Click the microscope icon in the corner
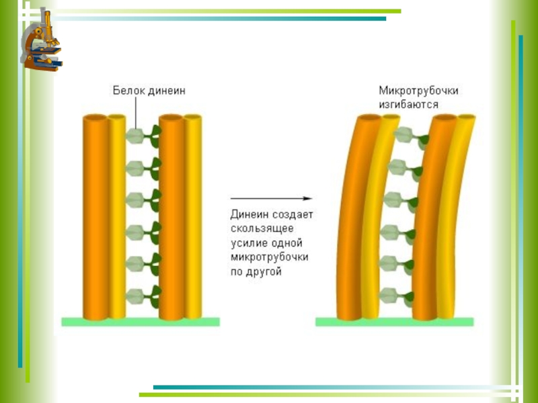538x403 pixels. pyautogui.click(x=42, y=39)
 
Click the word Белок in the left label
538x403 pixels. pyautogui.click(x=128, y=90)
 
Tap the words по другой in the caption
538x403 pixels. pyautogui.click(x=256, y=272)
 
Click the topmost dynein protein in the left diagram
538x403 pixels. pyautogui.click(x=143, y=136)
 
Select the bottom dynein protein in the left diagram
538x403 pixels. pyautogui.click(x=143, y=293)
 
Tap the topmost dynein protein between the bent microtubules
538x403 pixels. pyautogui.click(x=410, y=136)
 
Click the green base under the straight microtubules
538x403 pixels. pyautogui.click(x=141, y=322)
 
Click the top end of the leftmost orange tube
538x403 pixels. pyautogui.click(x=95, y=119)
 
